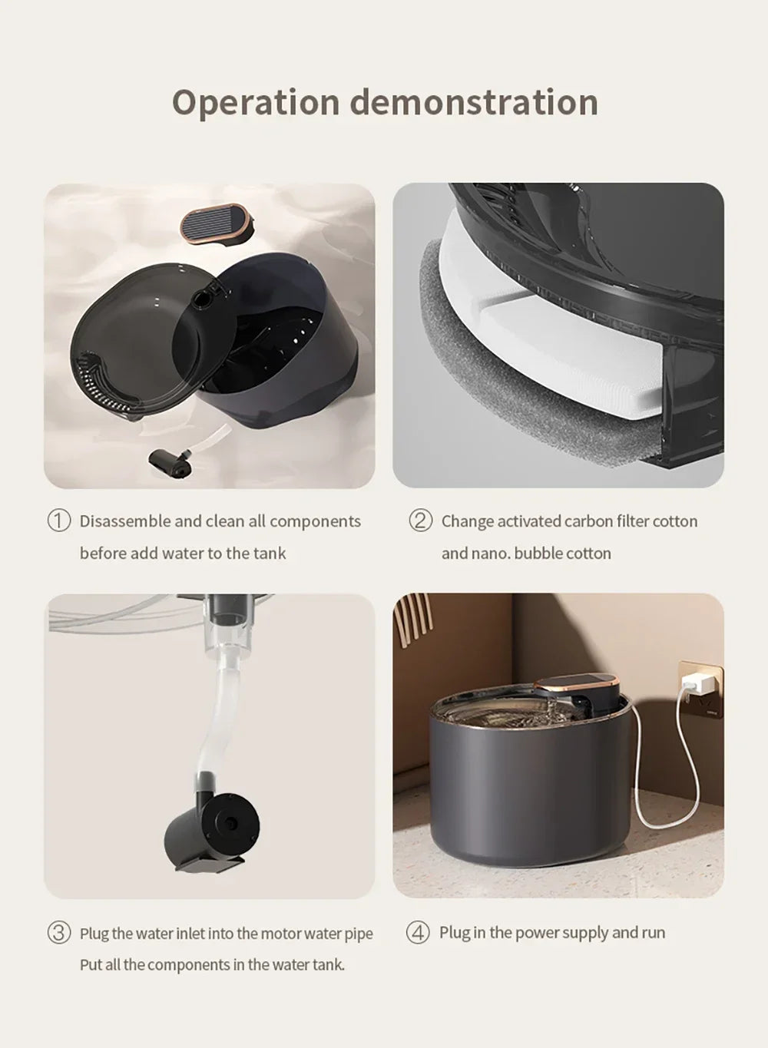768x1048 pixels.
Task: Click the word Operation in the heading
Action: [x=255, y=103]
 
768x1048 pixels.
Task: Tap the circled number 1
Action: [x=59, y=521]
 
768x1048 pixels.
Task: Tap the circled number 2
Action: [x=420, y=521]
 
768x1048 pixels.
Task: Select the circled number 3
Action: [x=59, y=933]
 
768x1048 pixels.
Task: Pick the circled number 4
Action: [x=418, y=933]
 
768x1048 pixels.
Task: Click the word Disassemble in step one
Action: [x=125, y=521]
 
